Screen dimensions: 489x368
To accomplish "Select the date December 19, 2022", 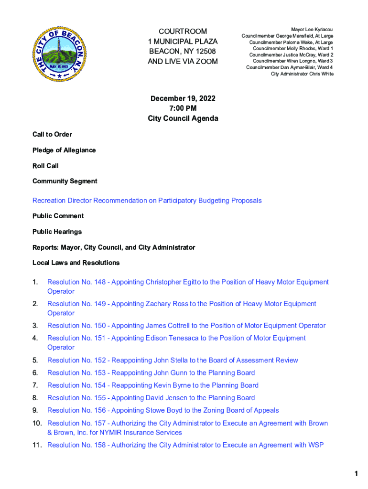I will point(183,98).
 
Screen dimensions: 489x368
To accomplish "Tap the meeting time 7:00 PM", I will point(183,108).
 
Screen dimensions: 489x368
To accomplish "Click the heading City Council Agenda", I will point(183,118).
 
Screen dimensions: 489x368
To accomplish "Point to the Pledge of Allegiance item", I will point(64,150).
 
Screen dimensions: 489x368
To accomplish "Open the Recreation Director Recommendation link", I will point(147,201).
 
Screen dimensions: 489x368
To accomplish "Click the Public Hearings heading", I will point(57,232).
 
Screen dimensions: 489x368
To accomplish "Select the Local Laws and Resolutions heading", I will point(76,263).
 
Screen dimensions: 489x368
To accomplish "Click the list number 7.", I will point(35,385).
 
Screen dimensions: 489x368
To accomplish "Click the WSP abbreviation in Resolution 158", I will point(315,445).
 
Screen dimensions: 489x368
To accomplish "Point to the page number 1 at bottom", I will point(356,474).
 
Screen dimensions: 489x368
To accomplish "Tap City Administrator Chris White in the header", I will point(302,74).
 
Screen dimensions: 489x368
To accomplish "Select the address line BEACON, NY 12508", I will point(183,51).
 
